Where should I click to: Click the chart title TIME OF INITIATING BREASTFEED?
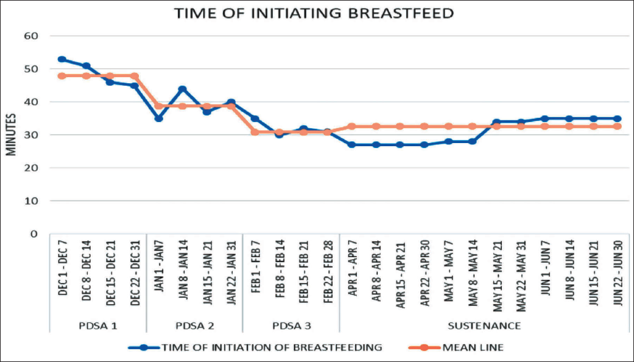pyautogui.click(x=314, y=14)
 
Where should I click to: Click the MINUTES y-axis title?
pyautogui.click(x=11, y=134)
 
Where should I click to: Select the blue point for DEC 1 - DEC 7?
pyautogui.click(x=62, y=59)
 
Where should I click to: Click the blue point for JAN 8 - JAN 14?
pyautogui.click(x=182, y=89)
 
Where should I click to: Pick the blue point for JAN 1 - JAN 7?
pyautogui.click(x=159, y=118)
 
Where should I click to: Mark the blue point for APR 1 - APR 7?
pyautogui.click(x=352, y=145)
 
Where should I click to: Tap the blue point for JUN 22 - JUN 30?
pyautogui.click(x=617, y=119)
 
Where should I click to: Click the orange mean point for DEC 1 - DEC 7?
pyautogui.click(x=62, y=76)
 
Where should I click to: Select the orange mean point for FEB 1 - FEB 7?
pyautogui.click(x=255, y=132)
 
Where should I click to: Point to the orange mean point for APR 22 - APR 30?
pyautogui.click(x=424, y=126)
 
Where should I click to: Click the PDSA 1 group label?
pyautogui.click(x=99, y=326)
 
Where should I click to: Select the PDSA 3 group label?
pyautogui.click(x=292, y=326)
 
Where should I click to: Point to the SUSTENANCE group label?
pyautogui.click(x=484, y=326)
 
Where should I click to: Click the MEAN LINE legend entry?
pyautogui.click(x=456, y=347)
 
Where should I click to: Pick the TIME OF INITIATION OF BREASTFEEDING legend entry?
pyautogui.click(x=255, y=347)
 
